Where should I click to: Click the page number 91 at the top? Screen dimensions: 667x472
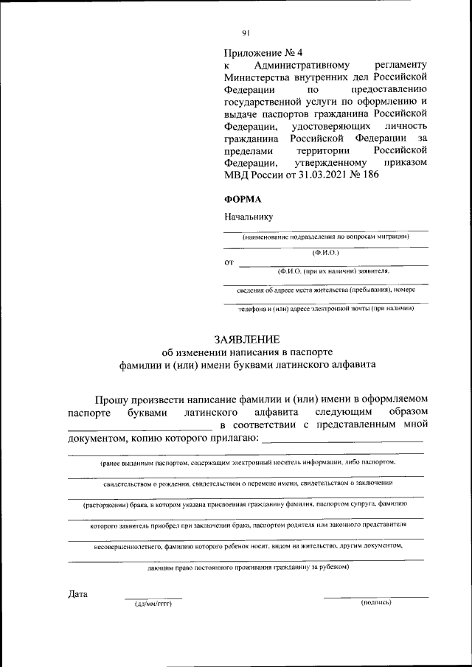pyautogui.click(x=246, y=32)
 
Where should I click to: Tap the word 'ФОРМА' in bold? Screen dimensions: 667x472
pyautogui.click(x=242, y=198)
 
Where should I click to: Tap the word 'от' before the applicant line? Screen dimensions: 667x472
pyautogui.click(x=229, y=262)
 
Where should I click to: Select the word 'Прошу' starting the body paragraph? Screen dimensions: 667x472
pyautogui.click(x=117, y=398)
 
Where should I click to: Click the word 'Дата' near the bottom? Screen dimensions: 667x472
pyautogui.click(x=77, y=594)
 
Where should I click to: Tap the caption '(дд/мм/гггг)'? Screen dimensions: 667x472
pyautogui.click(x=153, y=603)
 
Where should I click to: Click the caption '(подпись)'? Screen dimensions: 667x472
pyautogui.click(x=376, y=603)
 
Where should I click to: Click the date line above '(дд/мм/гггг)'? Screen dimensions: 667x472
pyautogui.click(x=153, y=597)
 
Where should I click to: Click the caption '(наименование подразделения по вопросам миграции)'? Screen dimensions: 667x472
pyautogui.click(x=325, y=237)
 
